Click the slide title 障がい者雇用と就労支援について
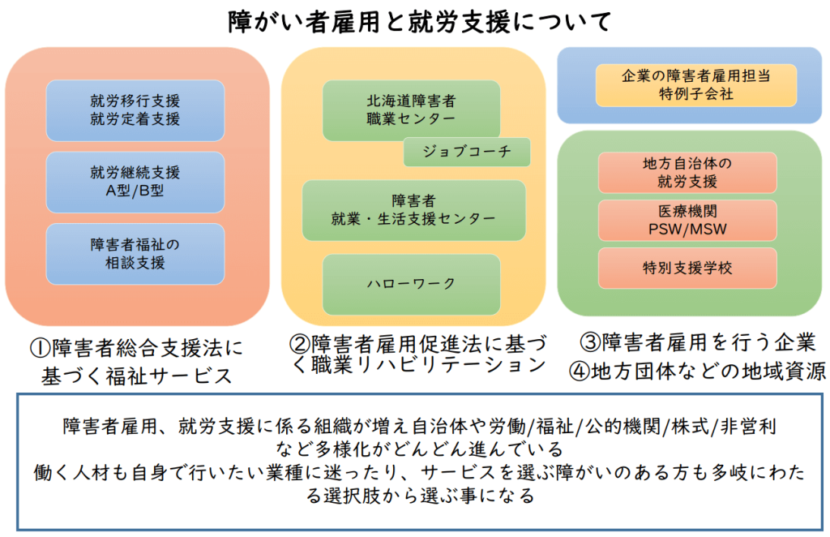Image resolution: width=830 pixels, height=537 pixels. [x=420, y=22]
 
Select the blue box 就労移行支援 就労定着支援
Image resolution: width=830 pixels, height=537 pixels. [x=135, y=110]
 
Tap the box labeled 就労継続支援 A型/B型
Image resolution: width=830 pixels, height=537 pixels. [x=135, y=182]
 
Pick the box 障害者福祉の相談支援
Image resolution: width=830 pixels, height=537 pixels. [x=135, y=254]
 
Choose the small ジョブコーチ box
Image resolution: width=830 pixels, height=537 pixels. [x=467, y=152]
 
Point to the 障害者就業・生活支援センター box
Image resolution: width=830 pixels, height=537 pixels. [x=414, y=210]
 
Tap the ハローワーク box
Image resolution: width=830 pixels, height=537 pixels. [x=411, y=285]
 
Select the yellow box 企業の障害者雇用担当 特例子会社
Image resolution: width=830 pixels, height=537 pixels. [x=696, y=84]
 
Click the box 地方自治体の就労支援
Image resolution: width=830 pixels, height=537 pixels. [x=687, y=173]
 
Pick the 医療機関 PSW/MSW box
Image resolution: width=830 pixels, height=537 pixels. [x=687, y=221]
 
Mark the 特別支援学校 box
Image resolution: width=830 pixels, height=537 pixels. [x=687, y=268]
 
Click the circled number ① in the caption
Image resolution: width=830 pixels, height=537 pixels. [x=41, y=348]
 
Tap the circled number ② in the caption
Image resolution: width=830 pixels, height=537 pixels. [x=300, y=344]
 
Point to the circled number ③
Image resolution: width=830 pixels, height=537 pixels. [x=591, y=342]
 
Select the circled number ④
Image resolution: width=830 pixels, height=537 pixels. [x=580, y=372]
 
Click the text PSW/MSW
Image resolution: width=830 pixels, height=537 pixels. [x=687, y=230]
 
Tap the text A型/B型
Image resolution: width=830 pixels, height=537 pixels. [x=135, y=191]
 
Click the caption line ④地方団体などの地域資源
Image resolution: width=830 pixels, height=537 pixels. [x=698, y=372]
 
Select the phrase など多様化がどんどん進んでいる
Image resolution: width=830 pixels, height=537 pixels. [x=420, y=449]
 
